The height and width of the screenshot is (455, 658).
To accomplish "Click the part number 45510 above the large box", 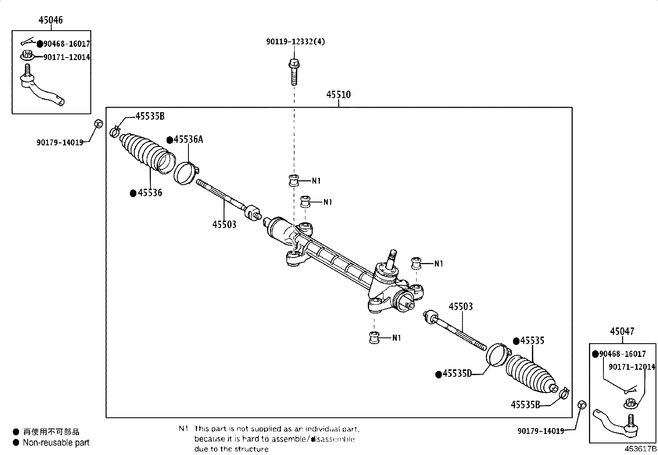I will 338,95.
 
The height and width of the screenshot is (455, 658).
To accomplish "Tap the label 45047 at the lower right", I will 622,331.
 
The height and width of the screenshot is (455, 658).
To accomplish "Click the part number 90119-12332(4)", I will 295,42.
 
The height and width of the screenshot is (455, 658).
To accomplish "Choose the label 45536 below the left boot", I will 150,193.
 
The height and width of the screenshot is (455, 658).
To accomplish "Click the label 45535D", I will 457,373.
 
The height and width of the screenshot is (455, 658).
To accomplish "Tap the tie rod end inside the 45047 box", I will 616,422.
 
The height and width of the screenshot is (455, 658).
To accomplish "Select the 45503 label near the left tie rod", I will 224,224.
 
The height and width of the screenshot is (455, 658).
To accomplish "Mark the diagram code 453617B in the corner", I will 640,449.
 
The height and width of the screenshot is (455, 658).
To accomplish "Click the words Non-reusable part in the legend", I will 56,443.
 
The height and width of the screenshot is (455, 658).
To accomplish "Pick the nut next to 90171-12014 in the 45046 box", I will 27,55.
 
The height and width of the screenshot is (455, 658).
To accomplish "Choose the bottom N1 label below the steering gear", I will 396,338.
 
